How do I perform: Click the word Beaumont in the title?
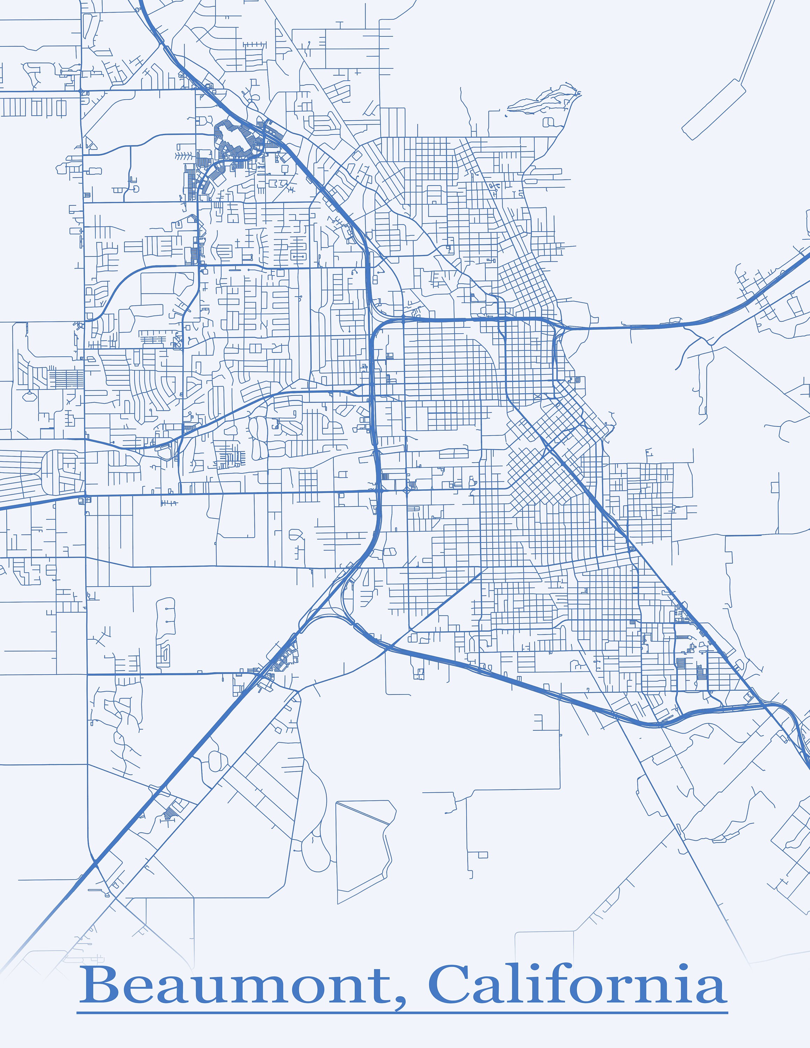point(235,987)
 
